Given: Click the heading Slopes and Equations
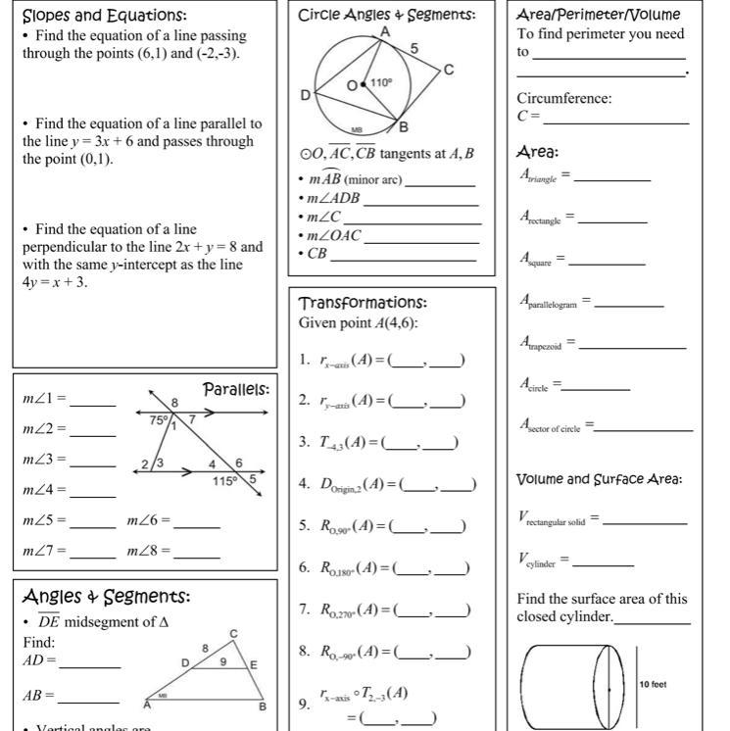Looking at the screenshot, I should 105,16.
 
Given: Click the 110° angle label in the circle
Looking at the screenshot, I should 381,82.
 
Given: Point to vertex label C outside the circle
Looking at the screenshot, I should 449,70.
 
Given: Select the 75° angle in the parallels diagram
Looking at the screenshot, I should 159,419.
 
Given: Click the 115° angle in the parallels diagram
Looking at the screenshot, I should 225,481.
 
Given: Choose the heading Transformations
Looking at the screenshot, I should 363,303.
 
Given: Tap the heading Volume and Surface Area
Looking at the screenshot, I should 600,479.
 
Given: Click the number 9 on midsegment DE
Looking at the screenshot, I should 222,661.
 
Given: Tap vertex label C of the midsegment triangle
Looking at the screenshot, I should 233,634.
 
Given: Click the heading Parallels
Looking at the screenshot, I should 235,390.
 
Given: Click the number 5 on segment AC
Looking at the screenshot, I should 414,48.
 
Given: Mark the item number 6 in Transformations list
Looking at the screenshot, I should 305,567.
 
